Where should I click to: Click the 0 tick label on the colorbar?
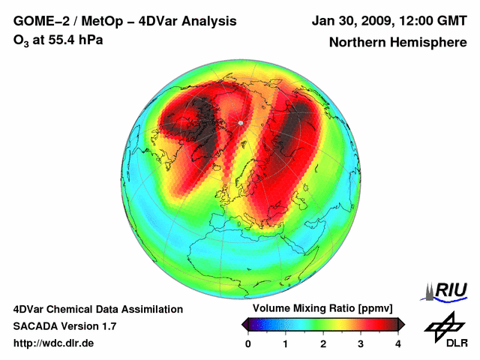tap(248, 343)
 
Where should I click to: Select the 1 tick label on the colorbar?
tap(286, 343)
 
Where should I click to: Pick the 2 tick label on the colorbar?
tap(323, 343)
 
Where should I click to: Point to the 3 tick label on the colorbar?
tap(361, 343)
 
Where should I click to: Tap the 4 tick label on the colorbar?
tap(397, 343)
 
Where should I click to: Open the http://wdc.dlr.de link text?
tap(54, 343)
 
